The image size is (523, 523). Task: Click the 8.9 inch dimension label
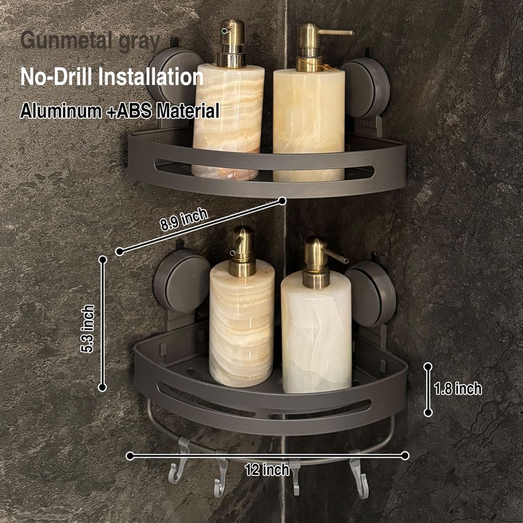pos(184,221)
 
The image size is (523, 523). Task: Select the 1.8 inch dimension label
pos(458,389)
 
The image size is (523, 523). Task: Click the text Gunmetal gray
pos(90,41)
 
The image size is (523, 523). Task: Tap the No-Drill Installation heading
pos(112,76)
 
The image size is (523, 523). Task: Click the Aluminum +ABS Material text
pos(119,110)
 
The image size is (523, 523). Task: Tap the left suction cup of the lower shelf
pos(181,280)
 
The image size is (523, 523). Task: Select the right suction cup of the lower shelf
pos(371,293)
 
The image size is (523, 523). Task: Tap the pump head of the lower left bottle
pos(242,246)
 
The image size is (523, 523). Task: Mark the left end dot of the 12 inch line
pos(130,455)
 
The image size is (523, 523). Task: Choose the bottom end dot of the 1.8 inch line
pos(428,413)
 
